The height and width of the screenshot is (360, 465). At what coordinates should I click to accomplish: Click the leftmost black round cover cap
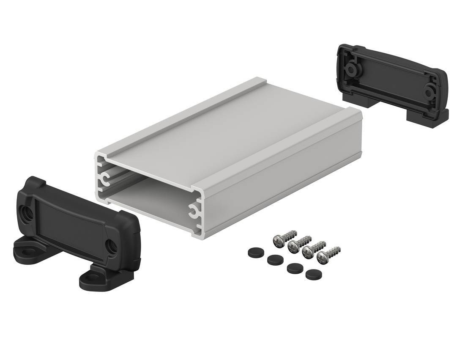253,252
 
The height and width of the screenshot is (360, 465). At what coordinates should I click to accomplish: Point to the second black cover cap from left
273,259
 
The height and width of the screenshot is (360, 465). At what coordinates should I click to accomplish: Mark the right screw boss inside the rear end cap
430,91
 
